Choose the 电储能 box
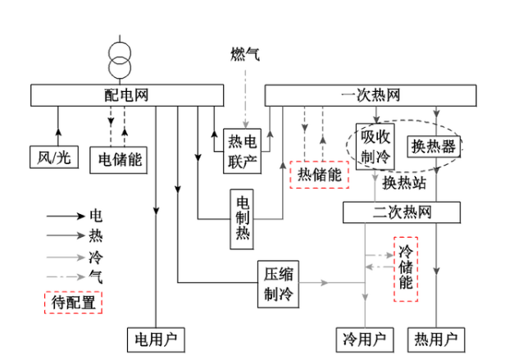coord(120,157)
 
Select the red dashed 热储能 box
coord(320,173)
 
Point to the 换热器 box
coord(435,146)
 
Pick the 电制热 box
coord(243,218)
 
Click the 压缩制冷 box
coord(279,283)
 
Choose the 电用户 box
coord(156,338)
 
